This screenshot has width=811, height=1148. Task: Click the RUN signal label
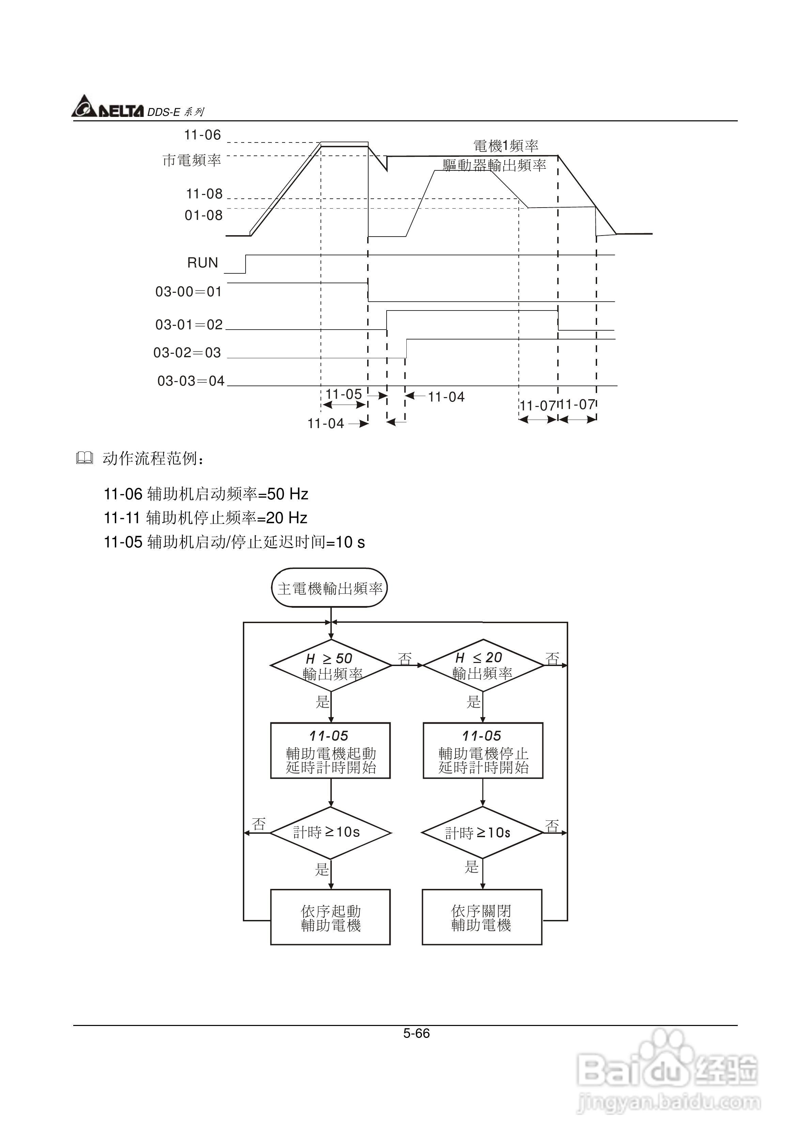tap(202, 263)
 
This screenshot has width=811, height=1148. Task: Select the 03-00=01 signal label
tap(188, 291)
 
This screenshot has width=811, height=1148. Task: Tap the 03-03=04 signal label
tap(191, 381)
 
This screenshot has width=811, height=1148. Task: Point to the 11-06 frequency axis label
tap(202, 135)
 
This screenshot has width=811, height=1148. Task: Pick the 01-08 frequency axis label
tap(203, 215)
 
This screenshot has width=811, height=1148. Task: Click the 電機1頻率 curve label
tap(506, 146)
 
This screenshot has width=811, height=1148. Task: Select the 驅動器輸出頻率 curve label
tap(494, 166)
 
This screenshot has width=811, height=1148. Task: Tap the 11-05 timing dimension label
tap(343, 394)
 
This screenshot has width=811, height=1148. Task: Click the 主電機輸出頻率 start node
tap(329, 588)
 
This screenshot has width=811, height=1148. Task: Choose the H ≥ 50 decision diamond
tap(330, 665)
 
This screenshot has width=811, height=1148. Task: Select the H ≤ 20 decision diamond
tap(483, 665)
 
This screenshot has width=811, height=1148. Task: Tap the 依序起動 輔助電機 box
tap(330, 918)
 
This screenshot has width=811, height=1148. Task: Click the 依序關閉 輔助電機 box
tap(482, 918)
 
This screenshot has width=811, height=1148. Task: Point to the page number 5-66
tap(416, 1033)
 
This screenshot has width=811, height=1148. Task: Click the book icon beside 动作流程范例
tap(84, 458)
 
